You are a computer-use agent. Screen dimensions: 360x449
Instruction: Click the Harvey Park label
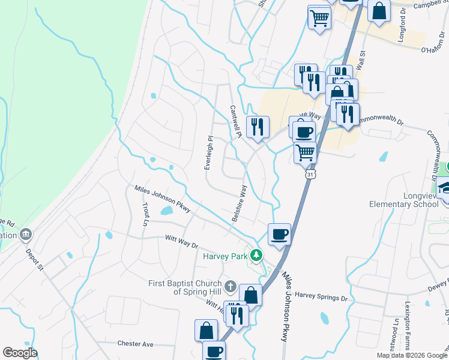pos(224,256)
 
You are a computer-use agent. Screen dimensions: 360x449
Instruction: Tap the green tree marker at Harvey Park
pos(257,256)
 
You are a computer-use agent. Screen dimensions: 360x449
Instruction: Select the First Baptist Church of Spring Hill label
pos(185,287)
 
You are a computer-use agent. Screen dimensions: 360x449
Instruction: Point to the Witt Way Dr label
pos(182,241)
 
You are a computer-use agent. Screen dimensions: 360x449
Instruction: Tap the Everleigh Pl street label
pos(208,152)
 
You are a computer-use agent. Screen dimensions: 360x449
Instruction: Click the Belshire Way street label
pos(239,204)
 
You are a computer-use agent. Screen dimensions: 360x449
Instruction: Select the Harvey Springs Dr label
pos(321,296)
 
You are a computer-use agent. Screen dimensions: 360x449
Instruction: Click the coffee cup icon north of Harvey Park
pos(279,233)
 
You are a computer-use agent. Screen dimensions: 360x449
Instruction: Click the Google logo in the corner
pos(20,353)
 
